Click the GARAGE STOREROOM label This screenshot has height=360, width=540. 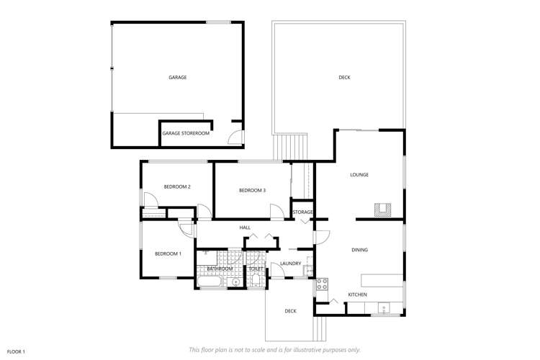[x=186, y=133]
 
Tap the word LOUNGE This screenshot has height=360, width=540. [x=359, y=174]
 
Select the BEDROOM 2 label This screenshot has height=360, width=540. [x=177, y=187]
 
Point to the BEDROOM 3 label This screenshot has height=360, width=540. [x=252, y=190]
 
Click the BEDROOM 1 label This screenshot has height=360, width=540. [x=168, y=253]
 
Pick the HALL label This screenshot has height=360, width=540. [x=245, y=228]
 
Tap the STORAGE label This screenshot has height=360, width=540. [x=302, y=212]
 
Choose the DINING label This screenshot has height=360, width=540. [x=359, y=250]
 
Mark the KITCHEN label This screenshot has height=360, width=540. [x=358, y=294]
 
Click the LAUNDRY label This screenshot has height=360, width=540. [x=290, y=264]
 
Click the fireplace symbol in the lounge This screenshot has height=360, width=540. [x=382, y=210]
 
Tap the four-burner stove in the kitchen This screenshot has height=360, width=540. [x=321, y=283]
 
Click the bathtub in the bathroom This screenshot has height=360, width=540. [x=210, y=282]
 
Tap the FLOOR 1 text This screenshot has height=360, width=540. [x=16, y=351]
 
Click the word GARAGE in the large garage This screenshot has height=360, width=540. [x=177, y=77]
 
